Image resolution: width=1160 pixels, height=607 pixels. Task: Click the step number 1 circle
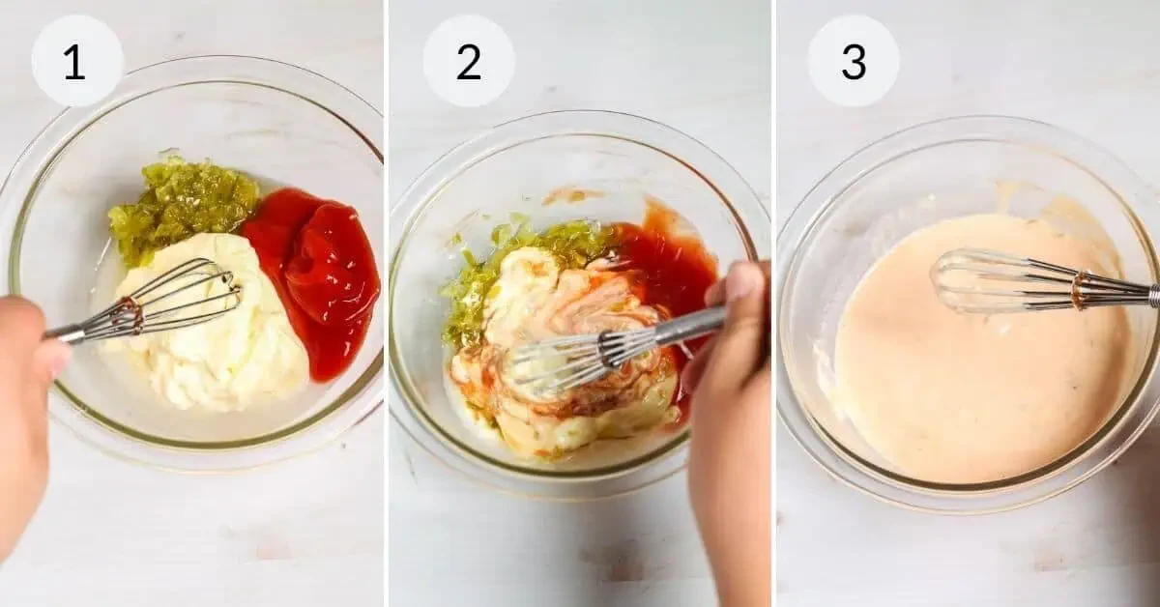click(76, 61)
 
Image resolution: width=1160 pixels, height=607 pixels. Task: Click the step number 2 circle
click(468, 61)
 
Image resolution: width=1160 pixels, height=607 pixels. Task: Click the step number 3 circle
click(853, 61)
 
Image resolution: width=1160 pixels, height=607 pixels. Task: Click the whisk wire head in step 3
click(996, 280)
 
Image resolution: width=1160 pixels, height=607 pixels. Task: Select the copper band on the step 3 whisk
click(1079, 290)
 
